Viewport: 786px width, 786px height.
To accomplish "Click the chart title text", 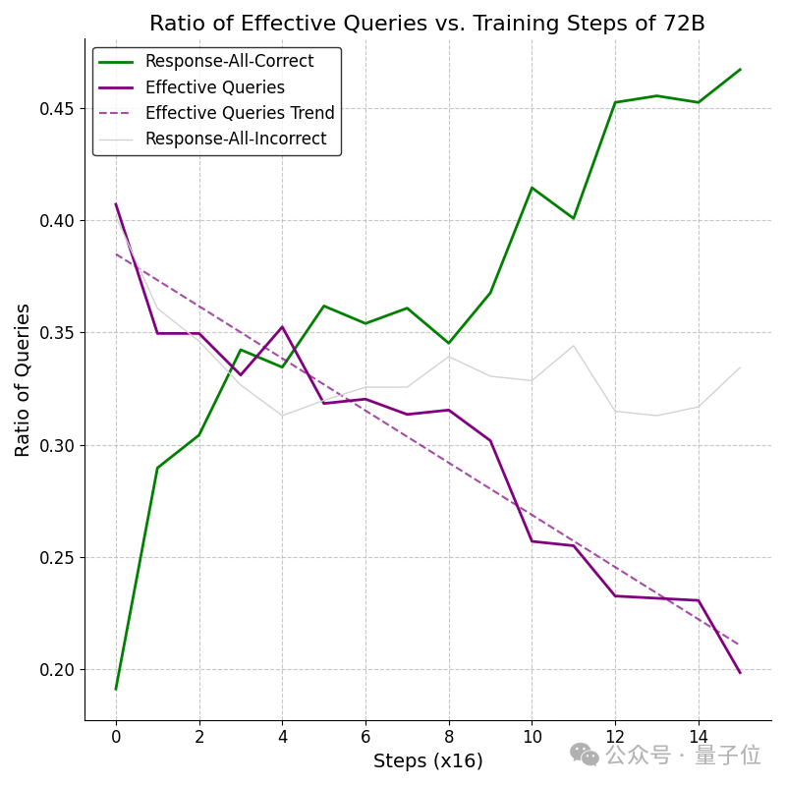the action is (x=427, y=23).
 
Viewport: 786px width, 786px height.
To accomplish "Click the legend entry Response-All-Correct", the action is (x=229, y=61).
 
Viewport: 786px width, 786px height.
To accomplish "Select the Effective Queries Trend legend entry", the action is (x=240, y=113).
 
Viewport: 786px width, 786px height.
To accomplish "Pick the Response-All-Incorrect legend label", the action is (x=236, y=139).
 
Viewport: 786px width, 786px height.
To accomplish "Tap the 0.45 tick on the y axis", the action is (x=56, y=109).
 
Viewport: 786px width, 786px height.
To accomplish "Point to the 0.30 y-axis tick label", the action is (x=56, y=446).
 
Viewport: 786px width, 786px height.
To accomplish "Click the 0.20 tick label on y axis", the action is (x=56, y=670).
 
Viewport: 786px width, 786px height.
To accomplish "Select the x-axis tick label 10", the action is (x=532, y=736).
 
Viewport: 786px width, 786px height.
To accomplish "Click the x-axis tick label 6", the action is (x=365, y=736).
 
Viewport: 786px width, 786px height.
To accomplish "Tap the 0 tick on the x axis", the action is (x=116, y=736).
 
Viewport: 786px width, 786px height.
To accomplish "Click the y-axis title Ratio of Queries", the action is (x=23, y=380).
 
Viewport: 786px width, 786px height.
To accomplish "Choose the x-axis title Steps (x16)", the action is (x=428, y=760).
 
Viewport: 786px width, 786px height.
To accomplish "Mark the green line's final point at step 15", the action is (x=740, y=69).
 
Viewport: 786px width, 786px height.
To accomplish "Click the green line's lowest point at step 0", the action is (x=116, y=690).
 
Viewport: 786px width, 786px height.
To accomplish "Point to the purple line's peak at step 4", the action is (x=283, y=327).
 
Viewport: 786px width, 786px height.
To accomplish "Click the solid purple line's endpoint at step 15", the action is (x=740, y=673).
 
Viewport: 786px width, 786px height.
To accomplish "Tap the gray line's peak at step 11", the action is (x=574, y=346).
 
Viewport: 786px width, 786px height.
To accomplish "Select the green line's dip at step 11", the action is (x=574, y=218).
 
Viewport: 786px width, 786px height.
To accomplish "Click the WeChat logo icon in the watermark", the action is (x=585, y=755).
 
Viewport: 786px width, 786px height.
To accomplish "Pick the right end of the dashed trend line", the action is (x=740, y=645).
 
